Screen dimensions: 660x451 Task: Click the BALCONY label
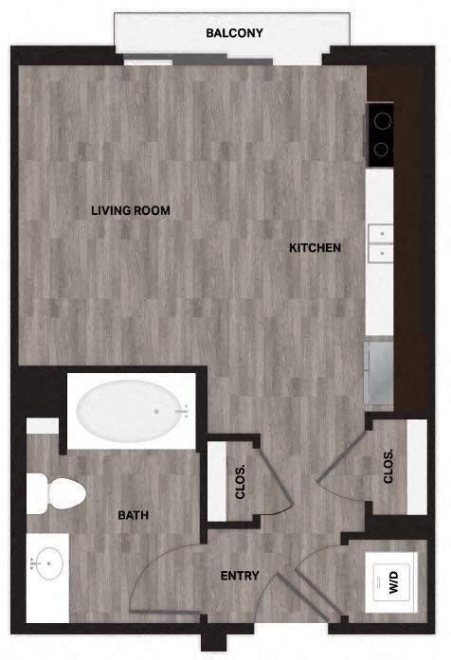click(234, 34)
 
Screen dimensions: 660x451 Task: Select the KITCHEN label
click(315, 248)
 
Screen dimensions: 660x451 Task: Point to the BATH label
click(133, 516)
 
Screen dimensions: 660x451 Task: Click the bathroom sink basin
click(45, 565)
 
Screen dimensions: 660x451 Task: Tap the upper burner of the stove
click(380, 120)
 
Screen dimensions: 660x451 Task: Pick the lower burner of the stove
click(380, 149)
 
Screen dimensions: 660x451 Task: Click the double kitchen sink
click(380, 241)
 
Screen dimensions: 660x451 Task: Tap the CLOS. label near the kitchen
click(388, 466)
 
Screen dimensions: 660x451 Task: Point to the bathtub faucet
click(183, 411)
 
